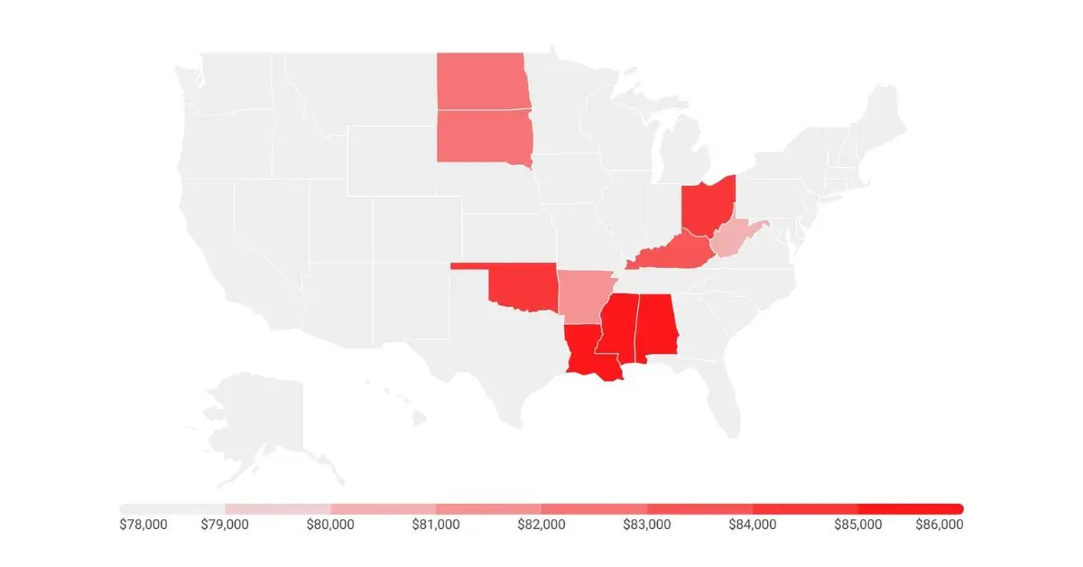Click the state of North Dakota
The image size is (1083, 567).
(480, 81)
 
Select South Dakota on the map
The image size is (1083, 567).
(483, 135)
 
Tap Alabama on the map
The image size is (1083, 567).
(657, 327)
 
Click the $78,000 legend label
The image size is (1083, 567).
(143, 525)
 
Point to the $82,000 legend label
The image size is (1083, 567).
(541, 525)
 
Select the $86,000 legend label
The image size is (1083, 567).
(940, 525)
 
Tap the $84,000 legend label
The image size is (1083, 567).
(753, 525)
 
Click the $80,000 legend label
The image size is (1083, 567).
(330, 525)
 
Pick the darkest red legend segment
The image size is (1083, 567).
(910, 508)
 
